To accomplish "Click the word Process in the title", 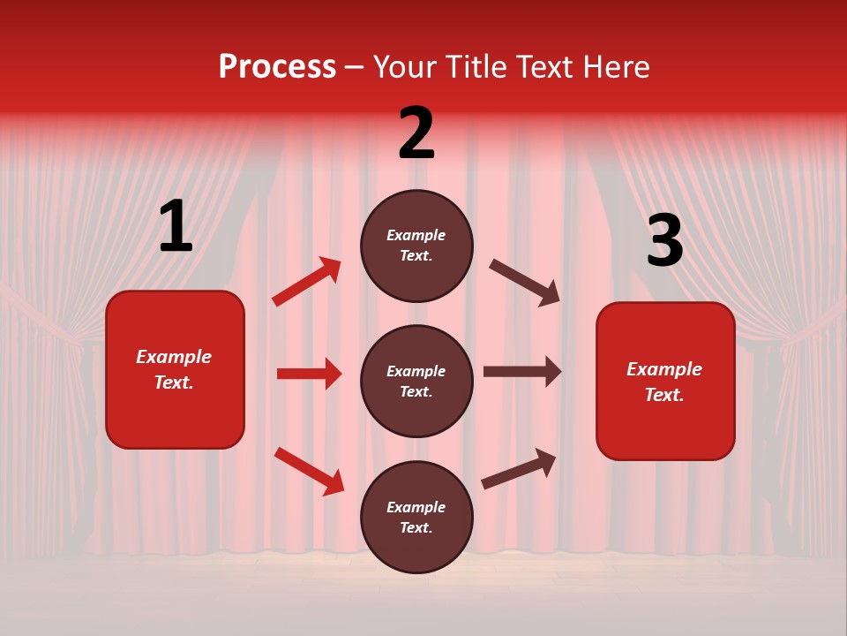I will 277,67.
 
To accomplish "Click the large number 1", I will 176,227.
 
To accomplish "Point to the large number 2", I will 416,133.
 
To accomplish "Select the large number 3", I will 664,240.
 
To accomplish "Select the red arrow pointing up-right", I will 307,282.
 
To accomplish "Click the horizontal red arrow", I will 310,374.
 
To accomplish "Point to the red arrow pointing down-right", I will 310,471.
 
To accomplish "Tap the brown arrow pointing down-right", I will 525,283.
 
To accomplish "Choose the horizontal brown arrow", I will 522,372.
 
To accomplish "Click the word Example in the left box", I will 174,357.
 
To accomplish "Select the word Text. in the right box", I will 664,395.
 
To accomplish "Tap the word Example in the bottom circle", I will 416,507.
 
